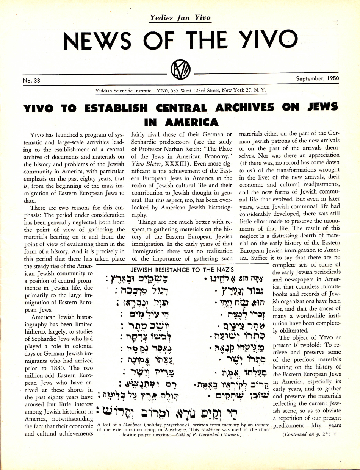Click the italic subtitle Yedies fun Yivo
(180, 17)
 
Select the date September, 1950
(318, 79)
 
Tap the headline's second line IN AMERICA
(182, 122)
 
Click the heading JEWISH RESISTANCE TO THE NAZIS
(182, 270)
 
